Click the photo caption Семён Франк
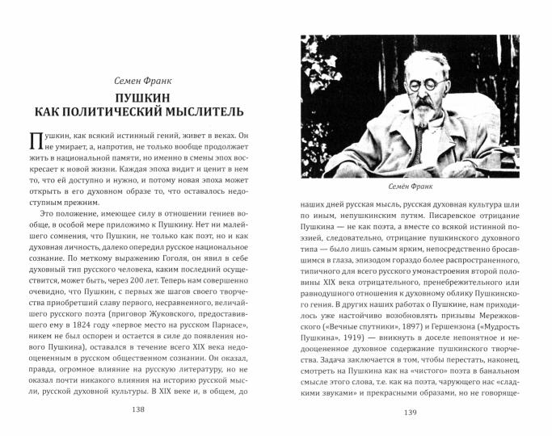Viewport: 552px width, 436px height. point(411,187)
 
